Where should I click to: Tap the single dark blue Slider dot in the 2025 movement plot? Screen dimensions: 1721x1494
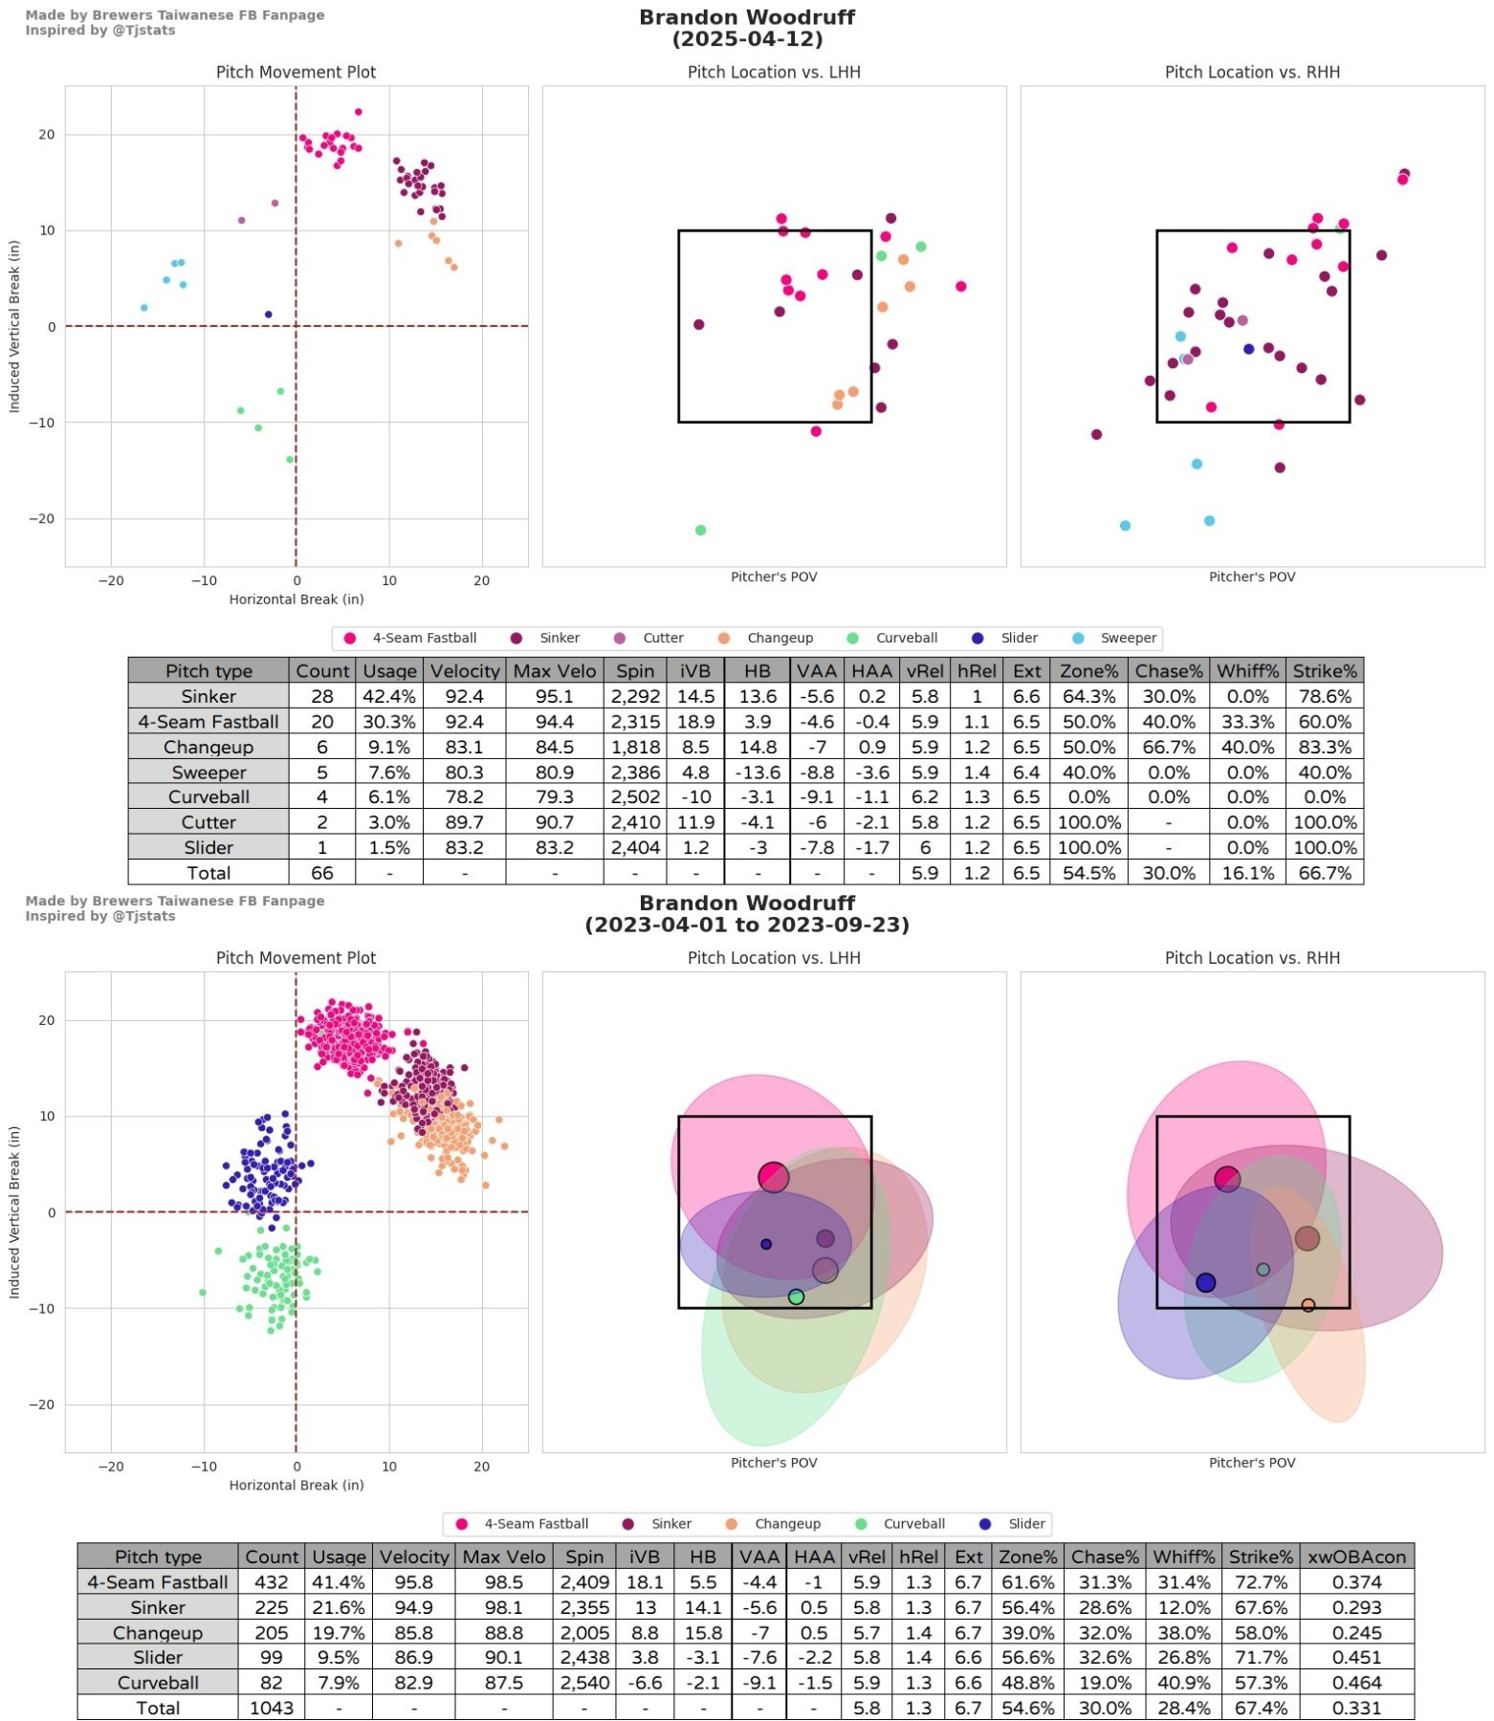point(269,315)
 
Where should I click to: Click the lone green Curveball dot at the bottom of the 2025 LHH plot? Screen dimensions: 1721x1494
point(700,530)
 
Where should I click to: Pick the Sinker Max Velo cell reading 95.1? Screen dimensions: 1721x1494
point(555,696)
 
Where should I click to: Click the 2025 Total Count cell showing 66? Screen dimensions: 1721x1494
point(322,872)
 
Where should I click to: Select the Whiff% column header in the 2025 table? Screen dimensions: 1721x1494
point(1247,670)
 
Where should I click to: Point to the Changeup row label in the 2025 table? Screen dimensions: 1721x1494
point(209,747)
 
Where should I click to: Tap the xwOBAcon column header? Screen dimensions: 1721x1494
point(1356,1557)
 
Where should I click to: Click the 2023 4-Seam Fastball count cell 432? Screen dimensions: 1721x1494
point(272,1582)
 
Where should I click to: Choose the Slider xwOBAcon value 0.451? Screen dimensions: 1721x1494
point(1356,1657)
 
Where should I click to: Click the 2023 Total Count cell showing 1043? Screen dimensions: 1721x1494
point(272,1708)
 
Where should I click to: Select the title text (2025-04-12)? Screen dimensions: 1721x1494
point(747,39)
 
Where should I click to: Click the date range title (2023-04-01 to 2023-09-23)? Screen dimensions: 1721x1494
point(747,925)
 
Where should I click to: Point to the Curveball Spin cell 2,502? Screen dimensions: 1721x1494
point(635,796)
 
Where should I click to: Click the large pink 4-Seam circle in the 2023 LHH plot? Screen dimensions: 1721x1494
point(774,1177)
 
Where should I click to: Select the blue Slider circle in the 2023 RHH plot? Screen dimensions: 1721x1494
point(1206,1282)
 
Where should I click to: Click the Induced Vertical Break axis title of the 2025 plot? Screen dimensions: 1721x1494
point(14,326)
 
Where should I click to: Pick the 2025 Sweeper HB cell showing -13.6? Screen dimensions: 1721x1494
point(757,772)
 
